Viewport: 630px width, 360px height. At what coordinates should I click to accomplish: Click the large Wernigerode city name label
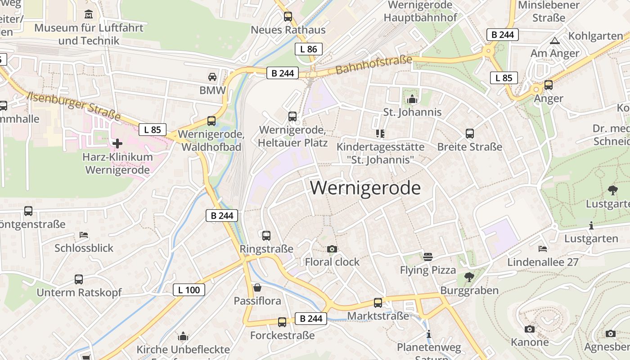[x=365, y=188]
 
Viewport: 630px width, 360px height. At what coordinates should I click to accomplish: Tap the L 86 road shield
[x=309, y=49]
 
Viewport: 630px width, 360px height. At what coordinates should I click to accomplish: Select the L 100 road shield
[x=189, y=290]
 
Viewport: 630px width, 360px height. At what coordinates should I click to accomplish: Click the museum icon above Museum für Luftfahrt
[x=89, y=14]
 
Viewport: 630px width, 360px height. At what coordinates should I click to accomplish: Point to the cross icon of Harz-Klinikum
[x=117, y=144]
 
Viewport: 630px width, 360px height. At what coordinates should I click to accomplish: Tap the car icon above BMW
[x=212, y=77]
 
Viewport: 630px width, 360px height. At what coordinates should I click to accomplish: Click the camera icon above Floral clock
[x=332, y=249]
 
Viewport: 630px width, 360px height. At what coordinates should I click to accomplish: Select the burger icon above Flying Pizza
[x=428, y=257]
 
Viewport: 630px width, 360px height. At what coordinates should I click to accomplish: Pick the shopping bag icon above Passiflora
[x=257, y=288]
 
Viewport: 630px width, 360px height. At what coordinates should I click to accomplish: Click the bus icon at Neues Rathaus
[x=288, y=17]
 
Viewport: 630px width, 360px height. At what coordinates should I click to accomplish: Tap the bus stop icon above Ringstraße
[x=266, y=235]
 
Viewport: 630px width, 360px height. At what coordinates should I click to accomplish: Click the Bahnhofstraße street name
[x=373, y=65]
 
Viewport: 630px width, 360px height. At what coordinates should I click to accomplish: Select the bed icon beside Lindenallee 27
[x=543, y=248]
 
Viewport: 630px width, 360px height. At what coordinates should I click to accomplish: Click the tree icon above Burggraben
[x=469, y=277]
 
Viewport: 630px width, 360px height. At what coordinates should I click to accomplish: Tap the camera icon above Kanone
[x=530, y=329]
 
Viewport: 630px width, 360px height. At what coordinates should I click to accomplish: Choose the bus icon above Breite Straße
[x=470, y=134]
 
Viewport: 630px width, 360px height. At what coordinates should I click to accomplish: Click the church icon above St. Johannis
[x=412, y=99]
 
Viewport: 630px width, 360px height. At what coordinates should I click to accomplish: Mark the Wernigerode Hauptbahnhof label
[x=420, y=11]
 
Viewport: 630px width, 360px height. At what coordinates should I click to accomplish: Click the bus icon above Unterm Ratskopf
[x=79, y=279]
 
